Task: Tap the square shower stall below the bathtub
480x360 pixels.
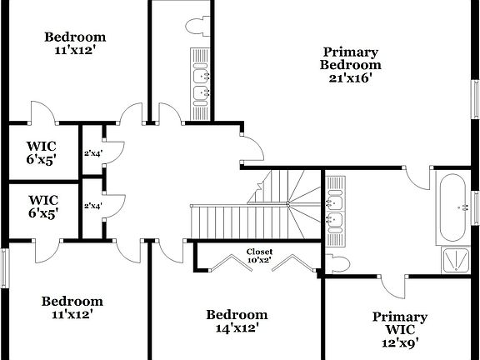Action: tap(455, 260)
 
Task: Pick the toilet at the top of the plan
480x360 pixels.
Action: tap(198, 25)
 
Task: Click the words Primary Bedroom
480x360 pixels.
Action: tap(352, 58)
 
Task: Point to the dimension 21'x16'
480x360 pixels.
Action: tap(351, 78)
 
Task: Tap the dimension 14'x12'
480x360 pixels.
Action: tap(237, 327)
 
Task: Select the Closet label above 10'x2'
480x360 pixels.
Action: tap(258, 252)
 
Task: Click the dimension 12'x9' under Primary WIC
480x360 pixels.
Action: tap(399, 342)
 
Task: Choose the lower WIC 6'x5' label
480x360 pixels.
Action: tap(42, 207)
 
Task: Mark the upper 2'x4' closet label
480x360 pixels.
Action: tap(92, 153)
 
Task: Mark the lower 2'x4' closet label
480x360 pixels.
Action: tap(92, 206)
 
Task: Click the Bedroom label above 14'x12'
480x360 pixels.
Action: tap(237, 314)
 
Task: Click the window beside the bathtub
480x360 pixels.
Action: tap(476, 207)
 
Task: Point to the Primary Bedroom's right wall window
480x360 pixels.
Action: tap(476, 92)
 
